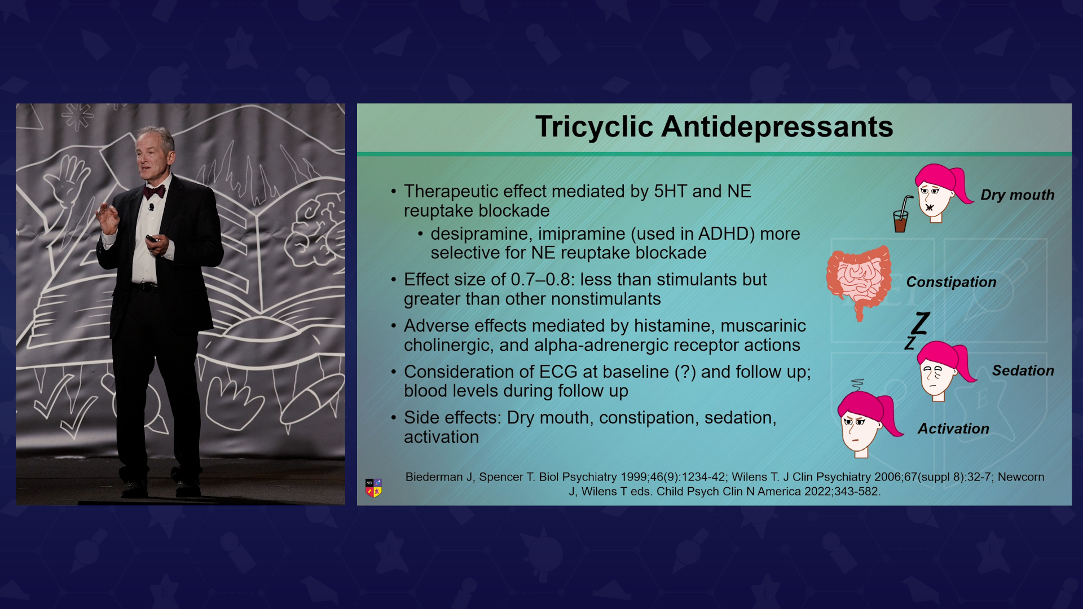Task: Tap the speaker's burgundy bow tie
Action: tap(154, 192)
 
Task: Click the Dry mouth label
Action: tap(1018, 195)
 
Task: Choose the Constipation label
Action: tap(951, 282)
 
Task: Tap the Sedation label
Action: tap(1023, 370)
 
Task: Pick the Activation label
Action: tap(953, 429)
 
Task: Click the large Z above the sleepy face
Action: tap(921, 323)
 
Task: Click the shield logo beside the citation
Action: tap(373, 488)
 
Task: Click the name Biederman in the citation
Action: tap(434, 477)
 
